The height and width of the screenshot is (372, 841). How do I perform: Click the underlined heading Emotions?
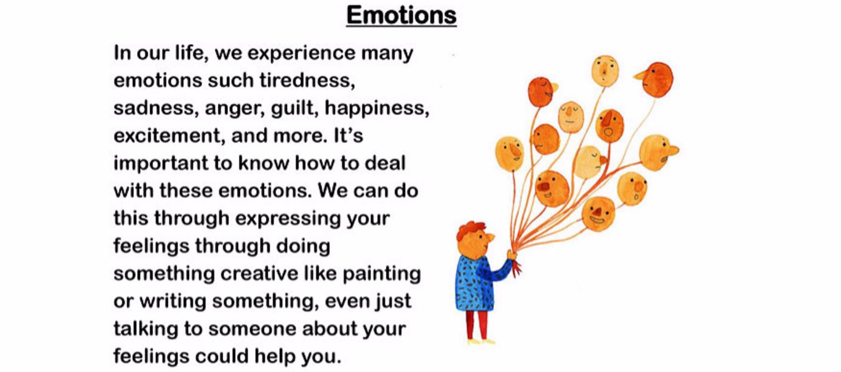401,16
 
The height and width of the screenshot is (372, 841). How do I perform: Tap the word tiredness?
307,81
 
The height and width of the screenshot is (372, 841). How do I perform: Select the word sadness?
153,108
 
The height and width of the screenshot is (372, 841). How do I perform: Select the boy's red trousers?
477,325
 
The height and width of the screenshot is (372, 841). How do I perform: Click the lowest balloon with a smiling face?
598,214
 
